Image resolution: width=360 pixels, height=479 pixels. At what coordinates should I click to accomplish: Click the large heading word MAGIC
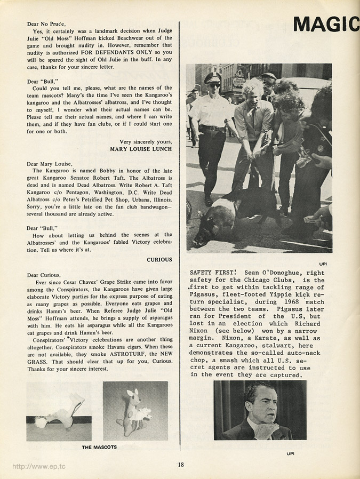(x=326, y=24)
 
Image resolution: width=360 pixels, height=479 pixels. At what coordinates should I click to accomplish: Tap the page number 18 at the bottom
(x=181, y=465)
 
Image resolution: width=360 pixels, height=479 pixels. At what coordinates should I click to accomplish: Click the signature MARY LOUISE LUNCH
(x=141, y=149)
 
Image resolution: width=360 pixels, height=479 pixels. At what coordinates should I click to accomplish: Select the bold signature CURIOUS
(x=159, y=260)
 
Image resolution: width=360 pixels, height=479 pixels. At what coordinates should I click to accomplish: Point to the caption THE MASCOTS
(x=99, y=447)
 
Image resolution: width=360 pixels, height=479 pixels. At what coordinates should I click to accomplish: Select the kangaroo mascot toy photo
(x=135, y=411)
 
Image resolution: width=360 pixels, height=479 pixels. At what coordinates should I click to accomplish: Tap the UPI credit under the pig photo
(x=323, y=263)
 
